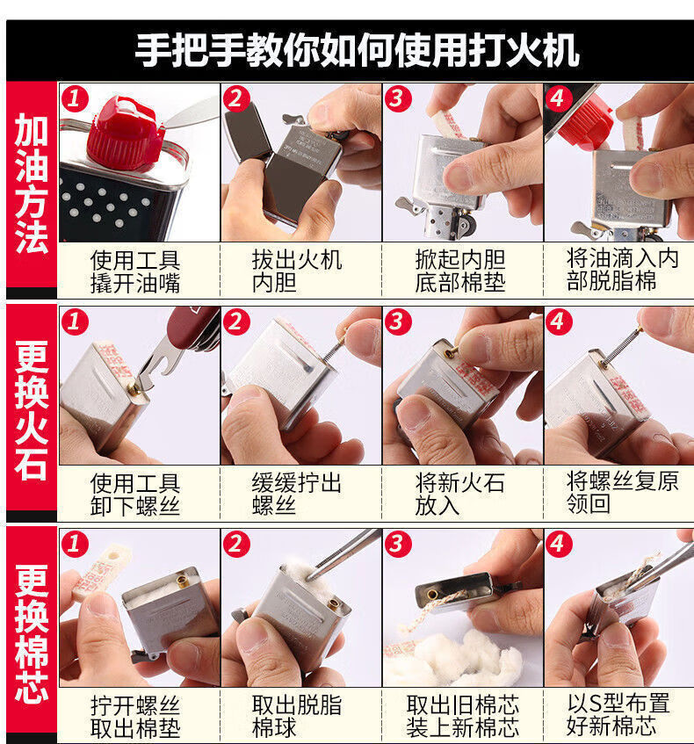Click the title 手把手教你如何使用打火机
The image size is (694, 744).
coord(357,51)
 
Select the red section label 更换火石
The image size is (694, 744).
coord(32,409)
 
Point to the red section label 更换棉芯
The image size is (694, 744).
coord(32,632)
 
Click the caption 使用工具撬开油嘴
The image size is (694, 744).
coord(135,271)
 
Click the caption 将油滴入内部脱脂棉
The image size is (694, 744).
coord(622,270)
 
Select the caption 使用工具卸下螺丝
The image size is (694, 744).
coord(135,495)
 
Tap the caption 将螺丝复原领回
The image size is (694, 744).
coord(622,493)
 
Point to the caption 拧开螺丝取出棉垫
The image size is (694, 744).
coord(135,717)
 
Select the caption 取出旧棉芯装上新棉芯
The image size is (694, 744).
coord(462,717)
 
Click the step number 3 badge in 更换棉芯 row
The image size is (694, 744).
coord(397,544)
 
